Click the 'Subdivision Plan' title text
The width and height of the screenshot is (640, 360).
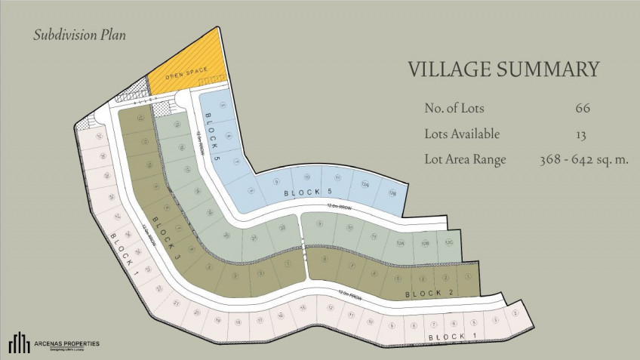click(79, 35)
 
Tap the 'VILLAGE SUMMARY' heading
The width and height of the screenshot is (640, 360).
click(503, 69)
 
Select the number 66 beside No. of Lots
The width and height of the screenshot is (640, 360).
click(582, 108)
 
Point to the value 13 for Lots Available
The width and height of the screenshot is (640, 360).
click(582, 134)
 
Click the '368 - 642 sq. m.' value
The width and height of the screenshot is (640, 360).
click(584, 159)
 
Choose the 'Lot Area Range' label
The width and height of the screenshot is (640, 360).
click(465, 159)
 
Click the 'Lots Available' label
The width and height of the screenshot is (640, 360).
click(462, 134)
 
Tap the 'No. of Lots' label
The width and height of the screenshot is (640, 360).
click(457, 108)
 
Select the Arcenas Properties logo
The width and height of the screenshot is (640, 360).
click(53, 343)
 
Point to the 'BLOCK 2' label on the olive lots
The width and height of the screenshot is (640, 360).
click(428, 293)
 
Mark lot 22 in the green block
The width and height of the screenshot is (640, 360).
click(282, 227)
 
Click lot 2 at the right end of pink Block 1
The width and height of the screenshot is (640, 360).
click(515, 312)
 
